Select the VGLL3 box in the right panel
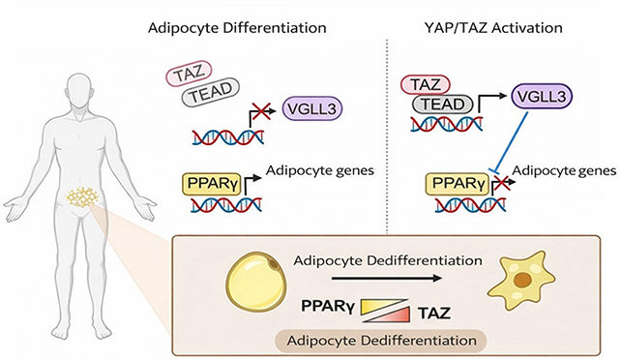tap(538, 100)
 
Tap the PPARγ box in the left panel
tap(210, 182)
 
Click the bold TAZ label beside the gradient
tap(432, 313)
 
